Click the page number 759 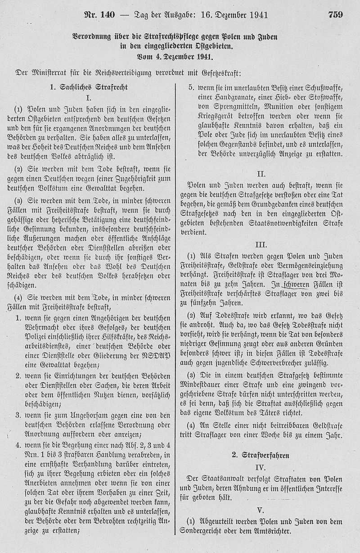point(335,15)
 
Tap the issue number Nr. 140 point(100,15)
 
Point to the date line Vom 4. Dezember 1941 point(174,57)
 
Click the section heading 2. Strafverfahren point(261,455)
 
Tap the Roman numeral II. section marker point(261,173)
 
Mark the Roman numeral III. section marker point(261,245)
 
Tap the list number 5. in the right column point(190,87)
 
